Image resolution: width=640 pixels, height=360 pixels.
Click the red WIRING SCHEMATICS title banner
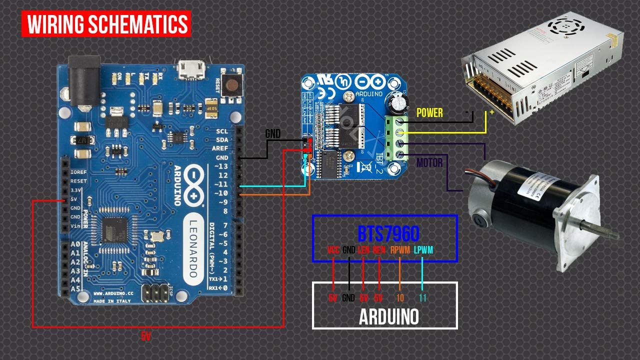[106, 23]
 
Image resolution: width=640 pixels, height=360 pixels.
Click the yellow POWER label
[429, 113]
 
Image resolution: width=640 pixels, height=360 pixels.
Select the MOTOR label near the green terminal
[429, 162]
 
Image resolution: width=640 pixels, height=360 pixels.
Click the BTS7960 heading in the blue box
[388, 233]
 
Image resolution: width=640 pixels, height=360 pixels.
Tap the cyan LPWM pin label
[423, 250]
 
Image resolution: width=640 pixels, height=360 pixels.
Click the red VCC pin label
[333, 250]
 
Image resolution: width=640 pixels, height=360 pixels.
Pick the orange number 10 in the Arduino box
[400, 298]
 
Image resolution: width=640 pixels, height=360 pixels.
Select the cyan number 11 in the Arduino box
[422, 298]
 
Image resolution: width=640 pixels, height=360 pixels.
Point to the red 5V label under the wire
[145, 337]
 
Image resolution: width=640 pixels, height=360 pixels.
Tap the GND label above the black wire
[272, 133]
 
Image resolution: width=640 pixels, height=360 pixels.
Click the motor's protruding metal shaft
[600, 231]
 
